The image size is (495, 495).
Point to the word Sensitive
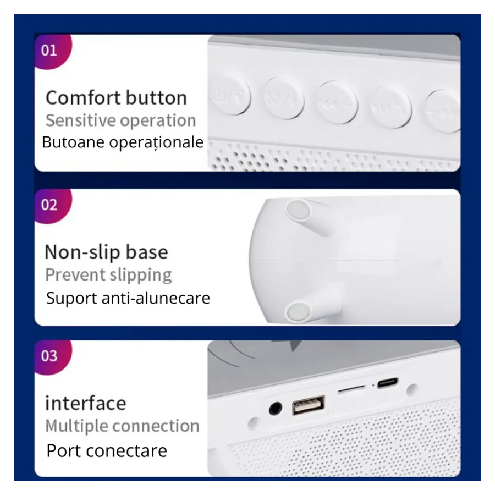coord(81,120)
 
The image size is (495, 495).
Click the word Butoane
coord(73,142)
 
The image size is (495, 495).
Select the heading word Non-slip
coord(82,252)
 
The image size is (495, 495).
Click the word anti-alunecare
coord(156,298)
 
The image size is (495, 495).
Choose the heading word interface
coord(86,403)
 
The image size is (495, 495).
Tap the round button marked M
coord(283,98)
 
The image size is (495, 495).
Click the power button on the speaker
coord(231,96)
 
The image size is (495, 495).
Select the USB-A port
coord(309,406)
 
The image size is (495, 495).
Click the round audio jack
coord(276,409)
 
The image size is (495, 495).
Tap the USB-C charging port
coord(388,383)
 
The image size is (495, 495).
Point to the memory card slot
coord(351,389)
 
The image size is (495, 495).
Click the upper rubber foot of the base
coord(298,210)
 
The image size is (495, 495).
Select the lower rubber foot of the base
coord(298,311)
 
